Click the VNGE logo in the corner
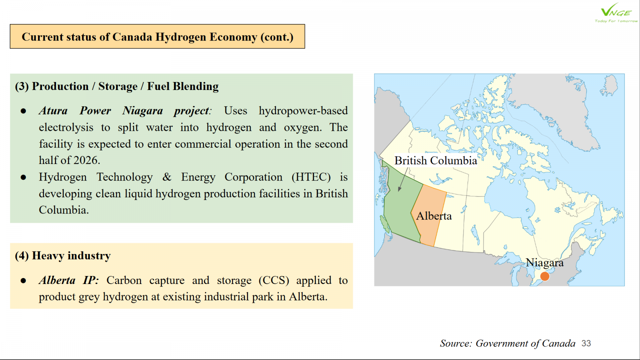616,13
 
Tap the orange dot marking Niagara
545,276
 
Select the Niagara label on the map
544,262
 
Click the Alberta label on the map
434,216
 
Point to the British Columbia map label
436,160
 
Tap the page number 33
586,343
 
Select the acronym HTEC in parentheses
311,177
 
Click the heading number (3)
22,86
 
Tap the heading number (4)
22,256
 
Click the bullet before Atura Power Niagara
24,111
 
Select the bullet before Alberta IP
24,280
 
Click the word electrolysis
66,128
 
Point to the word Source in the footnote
456,343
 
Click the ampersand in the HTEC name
167,177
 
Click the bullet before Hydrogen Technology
24,178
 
